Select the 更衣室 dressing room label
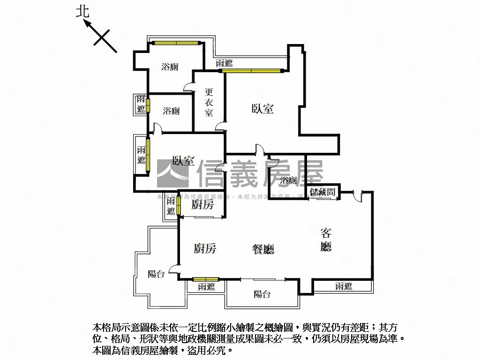(x=209, y=103)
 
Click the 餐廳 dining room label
(x=263, y=249)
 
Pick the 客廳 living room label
(x=326, y=239)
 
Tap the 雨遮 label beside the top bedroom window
(x=224, y=63)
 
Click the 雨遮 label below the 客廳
(x=344, y=286)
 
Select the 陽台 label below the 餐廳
(x=262, y=294)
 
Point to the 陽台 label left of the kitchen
(x=156, y=274)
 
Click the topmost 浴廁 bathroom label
(x=170, y=67)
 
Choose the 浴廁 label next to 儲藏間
(x=289, y=181)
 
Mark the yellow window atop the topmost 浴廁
(x=176, y=43)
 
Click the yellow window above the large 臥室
(x=254, y=71)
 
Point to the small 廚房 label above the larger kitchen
(x=202, y=205)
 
